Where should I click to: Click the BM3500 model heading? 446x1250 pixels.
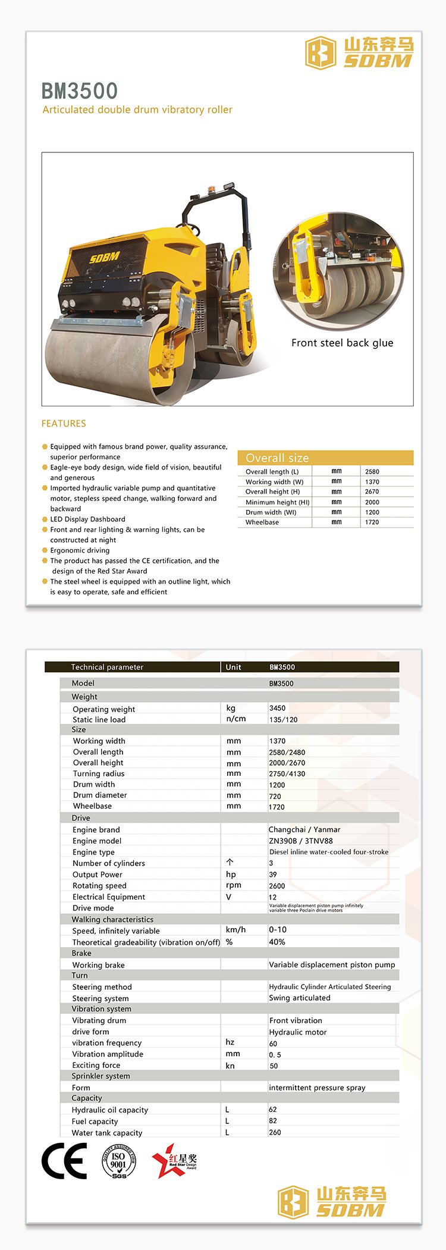(80, 91)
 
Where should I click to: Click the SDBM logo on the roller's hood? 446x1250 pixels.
(105, 258)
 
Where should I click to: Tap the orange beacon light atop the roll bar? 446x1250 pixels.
(209, 190)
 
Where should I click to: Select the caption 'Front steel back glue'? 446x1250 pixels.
(342, 343)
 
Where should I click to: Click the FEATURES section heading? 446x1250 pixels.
(64, 424)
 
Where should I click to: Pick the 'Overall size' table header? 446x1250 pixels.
(277, 458)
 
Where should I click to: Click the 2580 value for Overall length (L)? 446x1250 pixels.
(372, 472)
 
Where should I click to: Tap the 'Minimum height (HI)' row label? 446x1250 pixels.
(277, 502)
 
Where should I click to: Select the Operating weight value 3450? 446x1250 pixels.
(277, 708)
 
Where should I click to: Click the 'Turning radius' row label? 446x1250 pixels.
(99, 773)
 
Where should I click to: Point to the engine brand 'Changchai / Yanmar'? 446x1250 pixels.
(304, 829)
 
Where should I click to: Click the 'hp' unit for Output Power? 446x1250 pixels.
(231, 874)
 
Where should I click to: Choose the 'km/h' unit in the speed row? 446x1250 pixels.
(235, 929)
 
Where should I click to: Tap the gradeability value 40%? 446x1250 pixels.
(277, 942)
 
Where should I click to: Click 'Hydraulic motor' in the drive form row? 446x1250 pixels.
(297, 1032)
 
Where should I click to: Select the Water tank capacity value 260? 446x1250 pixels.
(275, 1132)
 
